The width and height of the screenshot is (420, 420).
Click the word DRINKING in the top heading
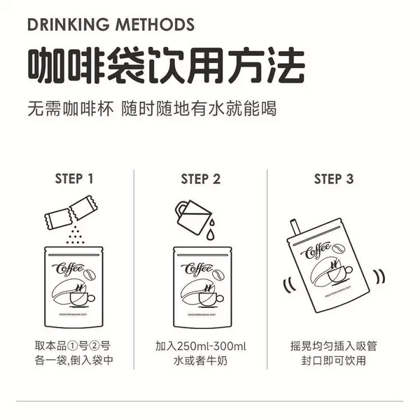pyautogui.click(x=69, y=24)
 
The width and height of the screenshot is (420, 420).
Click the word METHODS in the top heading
pyautogui.click(x=155, y=24)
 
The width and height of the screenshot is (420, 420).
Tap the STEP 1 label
pyautogui.click(x=74, y=178)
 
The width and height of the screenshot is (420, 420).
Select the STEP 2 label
pyautogui.click(x=201, y=179)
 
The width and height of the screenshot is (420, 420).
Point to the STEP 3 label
pyautogui.click(x=334, y=179)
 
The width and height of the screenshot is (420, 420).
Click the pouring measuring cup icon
pyautogui.click(x=193, y=217)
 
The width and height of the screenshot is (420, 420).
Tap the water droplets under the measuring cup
pyautogui.click(x=211, y=230)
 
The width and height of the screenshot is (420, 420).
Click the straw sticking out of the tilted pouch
pyautogui.click(x=295, y=227)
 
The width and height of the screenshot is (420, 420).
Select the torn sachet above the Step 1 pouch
pyautogui.click(x=71, y=212)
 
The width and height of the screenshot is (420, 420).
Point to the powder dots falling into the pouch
pyautogui.click(x=76, y=235)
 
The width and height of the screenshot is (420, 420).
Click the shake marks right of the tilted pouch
pyautogui.click(x=379, y=276)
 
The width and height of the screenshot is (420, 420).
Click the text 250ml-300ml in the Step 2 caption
pyautogui.click(x=211, y=346)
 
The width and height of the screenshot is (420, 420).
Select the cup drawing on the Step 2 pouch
pyautogui.click(x=211, y=299)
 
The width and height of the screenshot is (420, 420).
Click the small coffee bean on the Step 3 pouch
pyautogui.click(x=339, y=248)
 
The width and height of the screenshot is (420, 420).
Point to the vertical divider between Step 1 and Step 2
pyautogui.click(x=134, y=269)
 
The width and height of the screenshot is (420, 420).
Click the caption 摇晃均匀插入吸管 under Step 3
pyautogui.click(x=334, y=346)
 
